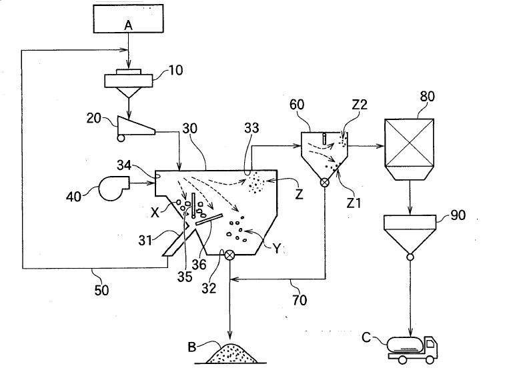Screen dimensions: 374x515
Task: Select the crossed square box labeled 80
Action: pos(410,143)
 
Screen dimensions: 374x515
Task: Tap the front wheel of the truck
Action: pos(430,359)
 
